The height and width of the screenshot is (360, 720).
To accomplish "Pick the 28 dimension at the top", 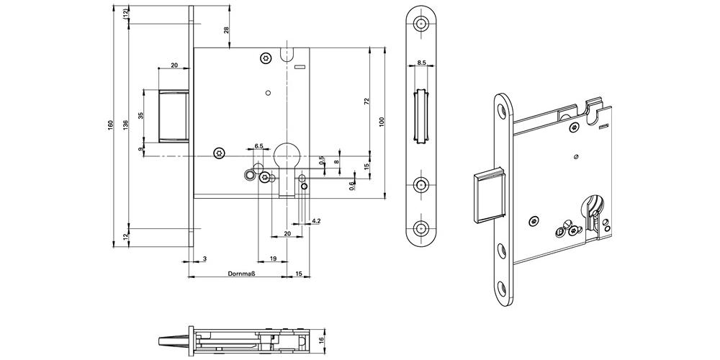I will [x=225, y=31].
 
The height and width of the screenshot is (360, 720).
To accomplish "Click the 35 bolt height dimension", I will [x=140, y=115].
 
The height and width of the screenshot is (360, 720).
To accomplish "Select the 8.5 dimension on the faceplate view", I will [x=422, y=63].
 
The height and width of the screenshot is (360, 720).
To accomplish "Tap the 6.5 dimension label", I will [x=258, y=146].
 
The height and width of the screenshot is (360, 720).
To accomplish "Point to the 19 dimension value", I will [x=274, y=258].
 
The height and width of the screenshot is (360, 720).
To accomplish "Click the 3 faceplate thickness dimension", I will [x=204, y=257].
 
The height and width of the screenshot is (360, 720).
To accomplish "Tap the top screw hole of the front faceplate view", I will [x=421, y=23].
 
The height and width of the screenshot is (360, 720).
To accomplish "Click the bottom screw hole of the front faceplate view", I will [x=421, y=230].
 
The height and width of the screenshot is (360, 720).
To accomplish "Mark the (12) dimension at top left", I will [x=126, y=12].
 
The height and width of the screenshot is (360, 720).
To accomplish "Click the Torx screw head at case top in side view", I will [x=266, y=57].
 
